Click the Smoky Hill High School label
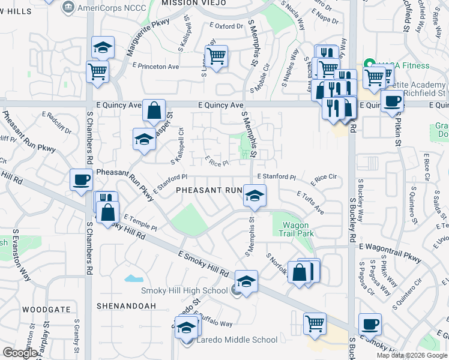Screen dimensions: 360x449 coord(184,291)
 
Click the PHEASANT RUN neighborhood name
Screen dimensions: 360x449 coord(208,190)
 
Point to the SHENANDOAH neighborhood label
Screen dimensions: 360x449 coord(126,306)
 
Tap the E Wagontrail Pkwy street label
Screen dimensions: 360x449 coord(390,246)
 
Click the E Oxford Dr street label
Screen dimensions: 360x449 coord(226,26)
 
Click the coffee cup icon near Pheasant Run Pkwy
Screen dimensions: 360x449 coord(81,179)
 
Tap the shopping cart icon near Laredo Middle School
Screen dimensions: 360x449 coord(315,323)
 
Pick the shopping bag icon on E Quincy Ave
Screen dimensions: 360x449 coord(154,110)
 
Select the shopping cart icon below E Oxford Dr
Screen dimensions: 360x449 coord(216,56)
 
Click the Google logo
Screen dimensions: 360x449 coord(20,353)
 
